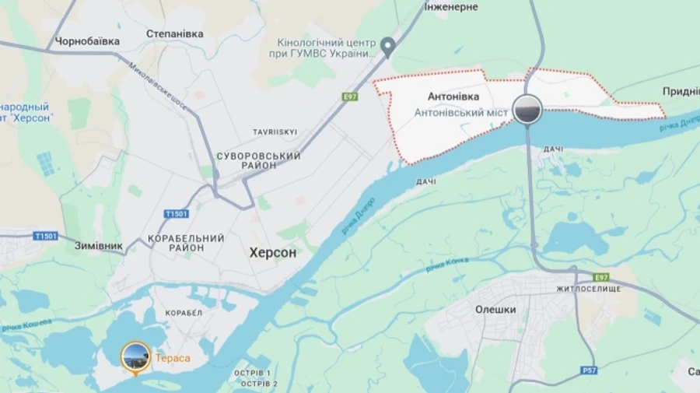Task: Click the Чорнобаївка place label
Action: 86,41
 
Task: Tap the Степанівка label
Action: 175,33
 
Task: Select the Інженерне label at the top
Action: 451,7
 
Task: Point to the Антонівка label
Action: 453,97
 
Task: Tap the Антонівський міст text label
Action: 461,113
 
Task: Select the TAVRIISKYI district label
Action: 275,132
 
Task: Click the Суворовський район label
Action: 259,162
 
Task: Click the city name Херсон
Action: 272,253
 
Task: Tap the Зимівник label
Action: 99,246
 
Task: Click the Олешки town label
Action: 495,309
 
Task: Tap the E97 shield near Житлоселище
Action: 600,277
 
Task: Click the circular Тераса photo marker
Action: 135,356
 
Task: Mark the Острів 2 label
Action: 256,384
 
